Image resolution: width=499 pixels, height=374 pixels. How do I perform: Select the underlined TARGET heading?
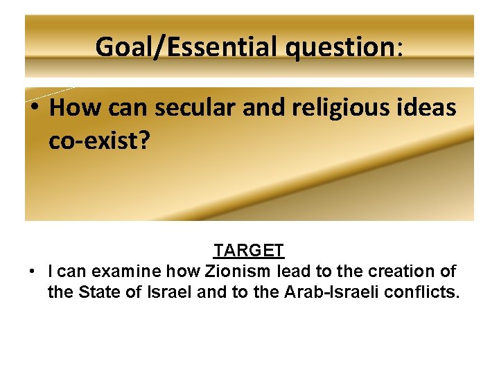pyautogui.click(x=248, y=250)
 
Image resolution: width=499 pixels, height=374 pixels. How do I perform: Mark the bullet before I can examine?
pyautogui.click(x=33, y=271)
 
